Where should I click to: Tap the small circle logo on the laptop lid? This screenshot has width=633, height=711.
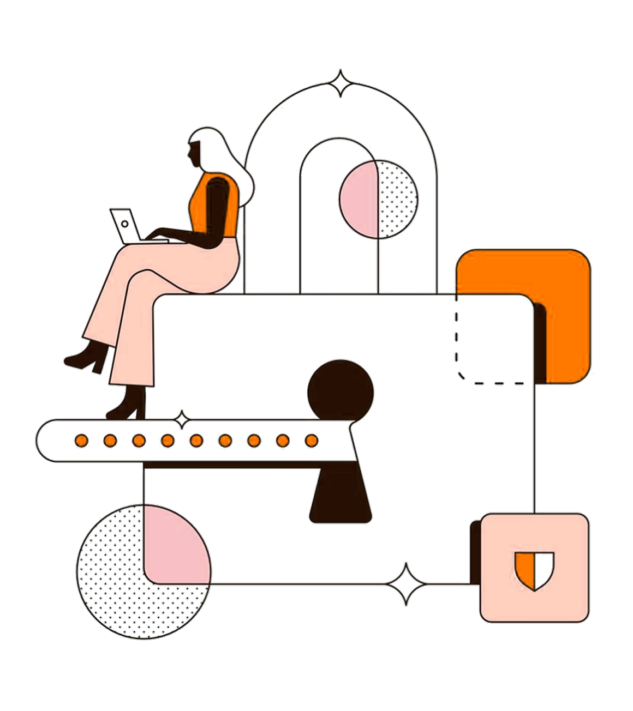click(x=124, y=224)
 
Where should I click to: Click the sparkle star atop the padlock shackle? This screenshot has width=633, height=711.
click(x=340, y=83)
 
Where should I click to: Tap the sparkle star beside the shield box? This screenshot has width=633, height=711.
click(x=407, y=583)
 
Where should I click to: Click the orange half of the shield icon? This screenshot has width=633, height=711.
click(x=525, y=569)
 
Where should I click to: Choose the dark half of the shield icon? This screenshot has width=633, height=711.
click(x=544, y=569)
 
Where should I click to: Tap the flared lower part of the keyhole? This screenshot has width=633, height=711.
click(x=341, y=496)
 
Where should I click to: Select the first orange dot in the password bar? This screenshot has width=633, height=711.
click(x=81, y=440)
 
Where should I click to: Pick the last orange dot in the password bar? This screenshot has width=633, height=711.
click(x=311, y=440)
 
